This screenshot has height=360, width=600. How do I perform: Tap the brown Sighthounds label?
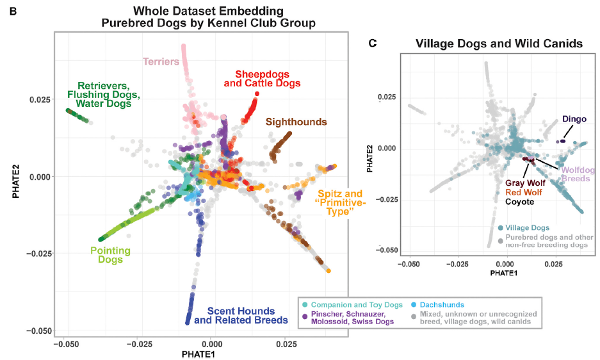pos(296,122)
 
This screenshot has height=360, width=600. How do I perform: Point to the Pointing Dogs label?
pos(110,255)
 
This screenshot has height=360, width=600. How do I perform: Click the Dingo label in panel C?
pos(574,119)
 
